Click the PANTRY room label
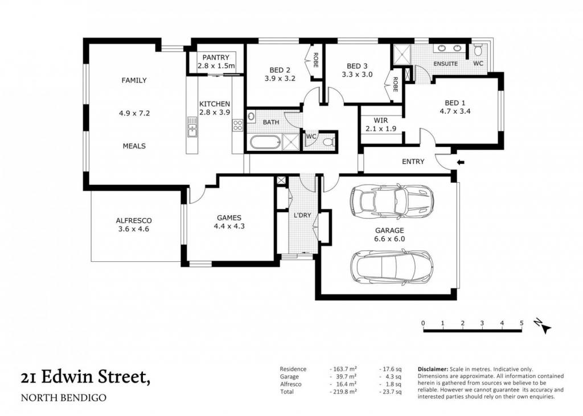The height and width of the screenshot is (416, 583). (216, 57)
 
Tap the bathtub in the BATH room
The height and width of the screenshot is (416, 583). (264, 142)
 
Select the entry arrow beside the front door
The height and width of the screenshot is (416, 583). (461, 162)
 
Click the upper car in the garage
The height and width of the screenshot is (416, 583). (391, 201)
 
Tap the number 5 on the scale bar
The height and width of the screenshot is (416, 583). (522, 323)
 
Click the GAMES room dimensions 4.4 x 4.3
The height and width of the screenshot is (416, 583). (229, 226)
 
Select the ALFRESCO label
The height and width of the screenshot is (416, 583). (134, 220)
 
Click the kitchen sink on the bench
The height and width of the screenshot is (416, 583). (192, 127)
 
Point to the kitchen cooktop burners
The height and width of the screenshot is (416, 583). (237, 125)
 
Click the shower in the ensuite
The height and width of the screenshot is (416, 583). (402, 55)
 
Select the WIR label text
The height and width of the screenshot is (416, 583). (381, 121)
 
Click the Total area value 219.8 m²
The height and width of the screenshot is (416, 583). (343, 392)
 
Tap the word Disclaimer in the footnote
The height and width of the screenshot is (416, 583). (433, 369)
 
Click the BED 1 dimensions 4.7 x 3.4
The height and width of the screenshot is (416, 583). (455, 111)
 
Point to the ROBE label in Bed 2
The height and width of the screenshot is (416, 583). (315, 60)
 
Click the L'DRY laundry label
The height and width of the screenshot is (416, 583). (302, 215)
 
